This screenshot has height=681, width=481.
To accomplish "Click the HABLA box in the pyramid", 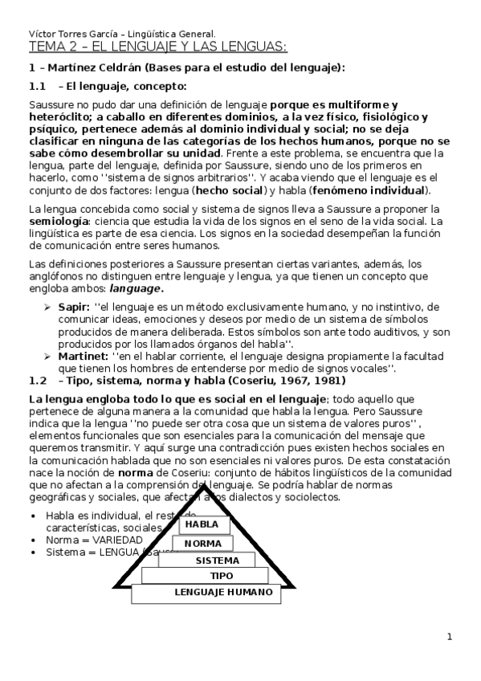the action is (x=201, y=525).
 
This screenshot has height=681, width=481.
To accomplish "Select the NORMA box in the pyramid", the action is (x=202, y=544).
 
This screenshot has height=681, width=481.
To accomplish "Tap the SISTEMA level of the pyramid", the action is (x=218, y=560).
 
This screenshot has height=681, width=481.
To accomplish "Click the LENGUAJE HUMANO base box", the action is (x=223, y=593).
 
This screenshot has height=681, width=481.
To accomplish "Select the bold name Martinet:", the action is (x=81, y=354).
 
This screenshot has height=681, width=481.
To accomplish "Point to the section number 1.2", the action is (x=38, y=380).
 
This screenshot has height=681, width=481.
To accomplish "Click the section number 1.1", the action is (x=38, y=85).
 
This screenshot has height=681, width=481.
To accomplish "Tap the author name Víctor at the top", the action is (x=41, y=35).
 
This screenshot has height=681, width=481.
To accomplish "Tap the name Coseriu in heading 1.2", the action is (x=261, y=380).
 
